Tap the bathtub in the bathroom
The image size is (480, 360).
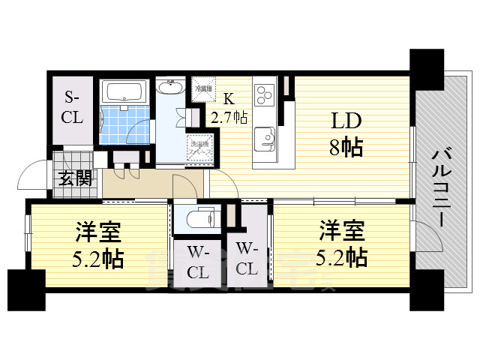(x=127, y=92)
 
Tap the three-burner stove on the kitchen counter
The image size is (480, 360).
(x=266, y=94)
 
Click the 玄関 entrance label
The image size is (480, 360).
(x=75, y=180)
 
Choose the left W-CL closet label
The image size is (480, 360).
(x=197, y=260)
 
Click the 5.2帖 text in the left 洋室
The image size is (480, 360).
(x=98, y=259)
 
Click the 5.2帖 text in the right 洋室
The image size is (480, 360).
(x=341, y=257)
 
